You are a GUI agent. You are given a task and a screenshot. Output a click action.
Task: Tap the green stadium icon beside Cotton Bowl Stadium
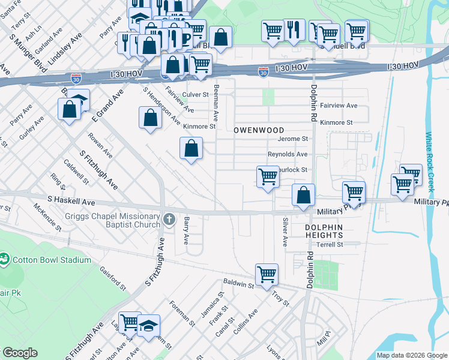(5, 259)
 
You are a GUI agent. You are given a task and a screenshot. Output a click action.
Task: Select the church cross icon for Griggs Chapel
(169, 220)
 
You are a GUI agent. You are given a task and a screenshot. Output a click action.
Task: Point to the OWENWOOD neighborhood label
(258, 130)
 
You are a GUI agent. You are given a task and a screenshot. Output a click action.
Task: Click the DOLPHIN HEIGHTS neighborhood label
(323, 232)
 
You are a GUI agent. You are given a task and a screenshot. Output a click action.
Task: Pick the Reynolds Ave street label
(288, 154)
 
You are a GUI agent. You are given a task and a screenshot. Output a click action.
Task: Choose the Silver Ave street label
(285, 232)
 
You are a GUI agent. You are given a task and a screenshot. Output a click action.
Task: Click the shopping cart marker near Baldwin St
(267, 274)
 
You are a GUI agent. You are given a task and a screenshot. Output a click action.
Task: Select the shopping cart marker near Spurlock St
(268, 177)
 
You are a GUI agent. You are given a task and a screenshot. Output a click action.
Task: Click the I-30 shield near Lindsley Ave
(75, 79)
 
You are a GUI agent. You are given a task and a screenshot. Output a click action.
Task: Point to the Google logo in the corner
(19, 353)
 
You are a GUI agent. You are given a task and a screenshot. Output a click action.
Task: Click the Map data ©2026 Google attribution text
(411, 355)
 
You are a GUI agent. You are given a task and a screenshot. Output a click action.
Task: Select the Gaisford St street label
(112, 279)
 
